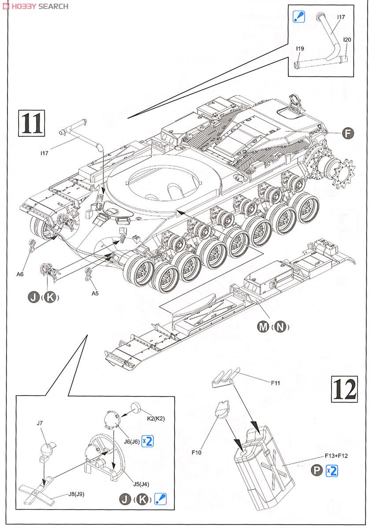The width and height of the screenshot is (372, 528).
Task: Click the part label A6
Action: coord(20,274)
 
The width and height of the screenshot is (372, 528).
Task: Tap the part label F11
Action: coord(276,383)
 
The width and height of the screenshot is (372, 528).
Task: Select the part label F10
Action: coord(197,452)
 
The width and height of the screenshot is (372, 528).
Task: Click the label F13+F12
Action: coord(336,455)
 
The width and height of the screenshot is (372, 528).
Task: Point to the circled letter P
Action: coord(316,471)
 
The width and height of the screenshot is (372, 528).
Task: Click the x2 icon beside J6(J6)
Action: coord(147,441)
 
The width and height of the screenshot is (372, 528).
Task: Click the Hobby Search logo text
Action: coord(35,6)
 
